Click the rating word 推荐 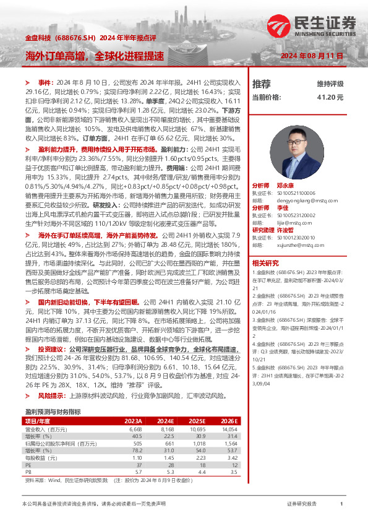[x=262, y=84]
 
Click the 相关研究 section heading [x=265, y=262]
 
